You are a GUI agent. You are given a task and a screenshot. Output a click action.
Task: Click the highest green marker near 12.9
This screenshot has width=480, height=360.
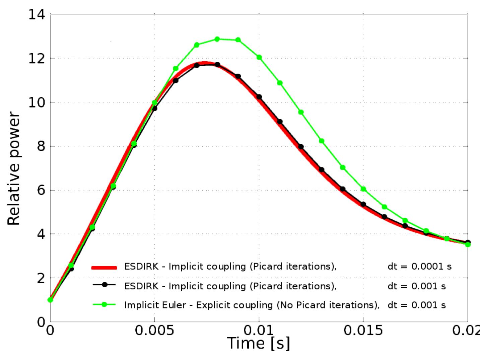tap(217, 39)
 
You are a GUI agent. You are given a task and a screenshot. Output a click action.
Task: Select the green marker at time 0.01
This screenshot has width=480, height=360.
tap(259, 57)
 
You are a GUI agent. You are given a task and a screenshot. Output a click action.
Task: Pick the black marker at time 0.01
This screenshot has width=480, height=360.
tap(259, 97)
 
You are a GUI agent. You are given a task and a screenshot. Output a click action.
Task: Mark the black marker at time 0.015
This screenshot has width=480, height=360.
tap(363, 204)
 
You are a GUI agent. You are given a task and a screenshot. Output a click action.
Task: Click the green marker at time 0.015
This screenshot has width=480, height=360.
tap(363, 189)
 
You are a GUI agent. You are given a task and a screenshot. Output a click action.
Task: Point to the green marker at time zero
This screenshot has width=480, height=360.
tap(50, 300)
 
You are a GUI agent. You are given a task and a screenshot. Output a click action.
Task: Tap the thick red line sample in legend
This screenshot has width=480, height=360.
tap(104, 267)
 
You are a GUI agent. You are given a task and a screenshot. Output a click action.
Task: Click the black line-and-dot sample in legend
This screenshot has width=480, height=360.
tap(104, 285)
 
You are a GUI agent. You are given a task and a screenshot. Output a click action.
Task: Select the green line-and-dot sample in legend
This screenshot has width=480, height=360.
tap(104, 304)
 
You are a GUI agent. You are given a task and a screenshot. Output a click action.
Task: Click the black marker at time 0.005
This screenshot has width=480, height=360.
tap(154, 108)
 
